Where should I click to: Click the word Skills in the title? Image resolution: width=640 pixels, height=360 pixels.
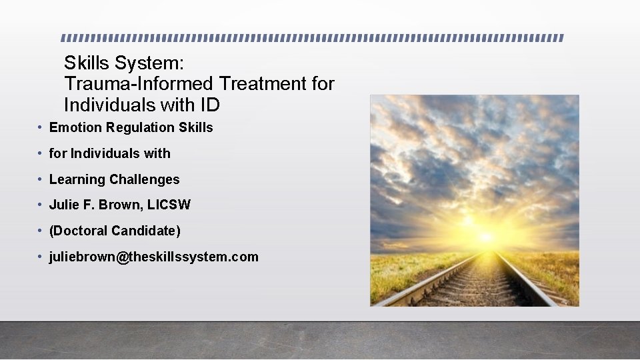(87, 63)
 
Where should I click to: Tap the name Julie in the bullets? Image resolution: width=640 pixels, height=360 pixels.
(65, 205)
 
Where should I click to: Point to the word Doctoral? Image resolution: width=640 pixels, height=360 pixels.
(81, 231)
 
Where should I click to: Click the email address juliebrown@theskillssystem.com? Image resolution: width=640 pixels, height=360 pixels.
(153, 257)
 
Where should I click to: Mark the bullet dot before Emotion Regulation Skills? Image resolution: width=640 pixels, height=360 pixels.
(41, 127)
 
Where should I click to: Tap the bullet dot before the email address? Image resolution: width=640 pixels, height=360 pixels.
(41, 257)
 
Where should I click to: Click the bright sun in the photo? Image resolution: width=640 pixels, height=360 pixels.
(486, 236)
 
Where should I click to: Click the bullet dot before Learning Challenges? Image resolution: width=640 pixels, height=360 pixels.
(41, 179)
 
